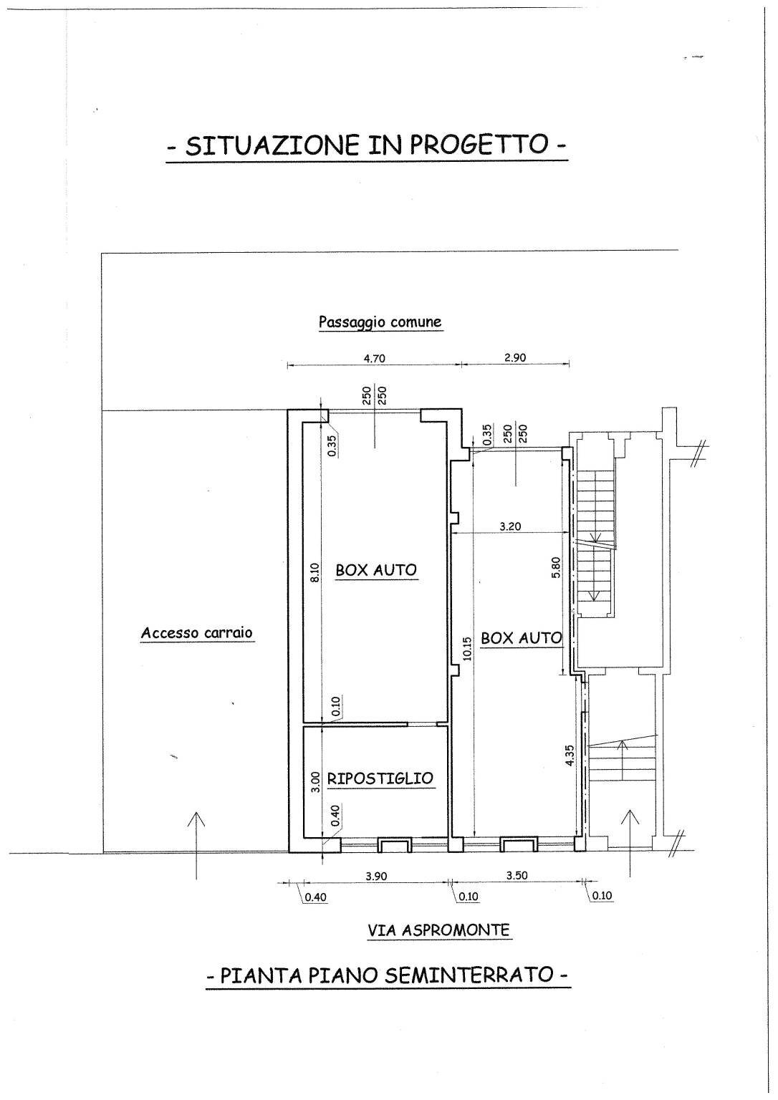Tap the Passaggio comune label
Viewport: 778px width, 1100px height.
point(380,322)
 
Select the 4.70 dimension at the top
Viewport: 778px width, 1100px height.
point(374,358)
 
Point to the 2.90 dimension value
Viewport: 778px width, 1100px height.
point(515,357)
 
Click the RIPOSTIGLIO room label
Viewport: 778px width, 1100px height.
point(380,778)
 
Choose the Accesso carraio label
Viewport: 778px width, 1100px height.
point(197,632)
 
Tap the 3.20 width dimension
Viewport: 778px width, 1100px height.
point(511,526)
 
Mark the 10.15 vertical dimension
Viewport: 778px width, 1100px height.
point(466,648)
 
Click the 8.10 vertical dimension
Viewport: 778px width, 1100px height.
point(314,573)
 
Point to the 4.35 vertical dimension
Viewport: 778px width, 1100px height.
point(570,756)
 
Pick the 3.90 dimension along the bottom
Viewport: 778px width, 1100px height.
point(376,876)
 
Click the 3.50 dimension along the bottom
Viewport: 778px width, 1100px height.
point(517,875)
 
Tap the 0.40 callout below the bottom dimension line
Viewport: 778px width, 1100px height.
point(315,897)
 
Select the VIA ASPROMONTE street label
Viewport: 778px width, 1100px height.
point(439,930)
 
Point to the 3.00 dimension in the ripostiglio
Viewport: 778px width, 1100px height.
point(316,782)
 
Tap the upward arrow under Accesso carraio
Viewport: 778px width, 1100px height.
point(196,845)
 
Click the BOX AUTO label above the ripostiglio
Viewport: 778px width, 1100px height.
point(376,570)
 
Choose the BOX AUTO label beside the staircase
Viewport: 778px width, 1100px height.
point(521,638)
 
